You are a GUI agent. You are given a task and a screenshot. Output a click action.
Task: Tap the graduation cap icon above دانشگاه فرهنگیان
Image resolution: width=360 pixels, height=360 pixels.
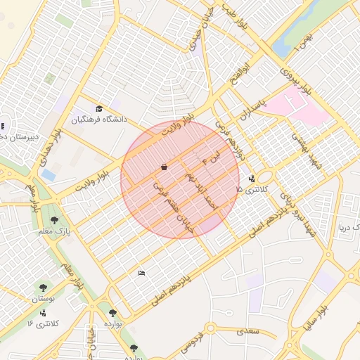click(x=99, y=109)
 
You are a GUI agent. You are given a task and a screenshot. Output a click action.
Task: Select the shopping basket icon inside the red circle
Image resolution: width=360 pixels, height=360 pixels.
click(x=164, y=167)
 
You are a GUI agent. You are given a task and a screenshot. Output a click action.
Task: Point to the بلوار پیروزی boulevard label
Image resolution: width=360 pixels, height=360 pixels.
click(x=297, y=81)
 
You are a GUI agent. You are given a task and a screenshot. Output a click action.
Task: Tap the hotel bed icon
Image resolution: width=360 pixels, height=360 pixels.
click(x=142, y=273)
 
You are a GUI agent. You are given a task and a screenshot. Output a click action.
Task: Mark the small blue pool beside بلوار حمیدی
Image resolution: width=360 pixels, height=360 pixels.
click(x=49, y=174)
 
